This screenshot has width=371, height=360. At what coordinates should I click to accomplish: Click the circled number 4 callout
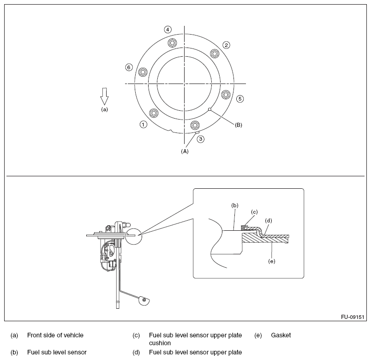(168, 30)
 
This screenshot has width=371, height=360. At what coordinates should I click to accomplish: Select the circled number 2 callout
(226, 45)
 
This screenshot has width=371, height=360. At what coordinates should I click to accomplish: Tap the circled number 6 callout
(129, 67)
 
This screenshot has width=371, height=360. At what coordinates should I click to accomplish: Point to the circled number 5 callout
(240, 98)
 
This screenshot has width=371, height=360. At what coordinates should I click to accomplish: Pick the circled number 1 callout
(144, 125)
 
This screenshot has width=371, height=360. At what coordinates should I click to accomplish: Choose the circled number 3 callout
(201, 138)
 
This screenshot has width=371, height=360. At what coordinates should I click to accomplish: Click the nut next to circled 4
(172, 43)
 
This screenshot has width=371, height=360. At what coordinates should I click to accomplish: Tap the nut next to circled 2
(214, 53)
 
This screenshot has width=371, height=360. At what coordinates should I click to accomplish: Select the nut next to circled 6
(143, 72)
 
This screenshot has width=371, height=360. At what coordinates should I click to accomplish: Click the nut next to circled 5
(226, 94)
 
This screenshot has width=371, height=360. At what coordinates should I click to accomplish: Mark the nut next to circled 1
(154, 112)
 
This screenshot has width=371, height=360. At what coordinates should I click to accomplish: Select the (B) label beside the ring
(239, 125)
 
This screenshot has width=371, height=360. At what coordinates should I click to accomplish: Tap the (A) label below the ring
(185, 150)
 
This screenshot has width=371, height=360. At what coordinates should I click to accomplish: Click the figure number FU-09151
(353, 317)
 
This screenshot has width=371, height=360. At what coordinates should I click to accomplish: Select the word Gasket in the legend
(281, 336)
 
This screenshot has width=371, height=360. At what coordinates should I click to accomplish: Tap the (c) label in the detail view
(254, 212)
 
